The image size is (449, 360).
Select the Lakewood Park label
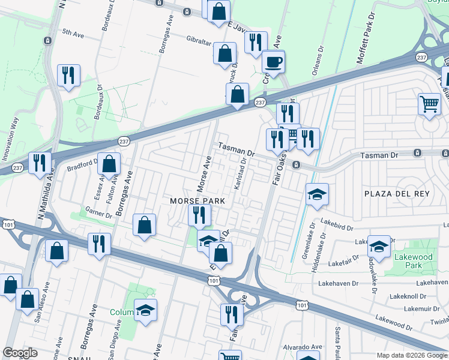tap(414, 260)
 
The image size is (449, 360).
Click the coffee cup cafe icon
tap(273, 62)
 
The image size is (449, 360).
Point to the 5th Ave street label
tap(73, 34)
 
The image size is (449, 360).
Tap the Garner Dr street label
tap(99, 212)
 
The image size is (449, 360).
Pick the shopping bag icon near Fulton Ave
tap(109, 163)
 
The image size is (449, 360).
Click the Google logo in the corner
tap(20, 353)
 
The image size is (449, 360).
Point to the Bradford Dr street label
tap(82, 166)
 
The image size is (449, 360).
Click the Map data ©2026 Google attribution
tap(412, 355)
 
